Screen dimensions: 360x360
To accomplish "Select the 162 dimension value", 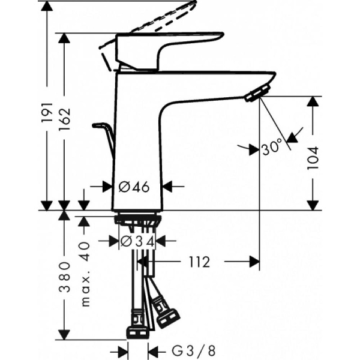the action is point(64,119).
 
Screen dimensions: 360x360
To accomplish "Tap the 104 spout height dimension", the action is point(313,158).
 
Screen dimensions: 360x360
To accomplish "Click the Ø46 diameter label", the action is point(134,187).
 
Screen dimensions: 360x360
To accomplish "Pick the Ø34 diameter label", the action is point(137,241).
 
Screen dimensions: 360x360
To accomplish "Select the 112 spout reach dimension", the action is point(199,262).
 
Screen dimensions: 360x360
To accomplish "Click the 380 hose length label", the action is point(64,277).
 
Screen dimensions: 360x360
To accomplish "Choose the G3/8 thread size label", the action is point(194,351).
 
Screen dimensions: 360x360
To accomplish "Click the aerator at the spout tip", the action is point(257,93).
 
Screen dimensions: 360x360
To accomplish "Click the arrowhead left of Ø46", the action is point(107,187).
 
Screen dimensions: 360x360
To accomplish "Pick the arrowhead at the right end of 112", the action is point(254,262).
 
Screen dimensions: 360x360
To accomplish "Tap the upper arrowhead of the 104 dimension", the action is point(313,101).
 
